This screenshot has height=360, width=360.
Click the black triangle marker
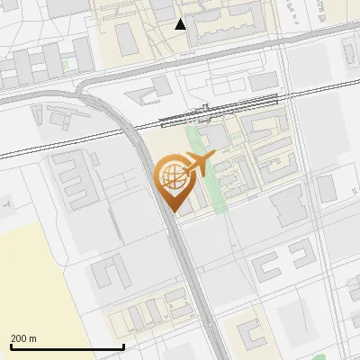coord(181,24)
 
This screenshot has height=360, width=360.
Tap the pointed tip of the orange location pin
coord(171,211)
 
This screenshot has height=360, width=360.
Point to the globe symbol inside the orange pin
coord(170,176)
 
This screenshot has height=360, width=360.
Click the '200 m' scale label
coord(23,338)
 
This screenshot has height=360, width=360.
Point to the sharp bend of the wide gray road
coord(90,85)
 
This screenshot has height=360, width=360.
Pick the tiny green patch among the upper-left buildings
coord(65,64)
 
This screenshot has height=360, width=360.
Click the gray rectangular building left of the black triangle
coord(124,38)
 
